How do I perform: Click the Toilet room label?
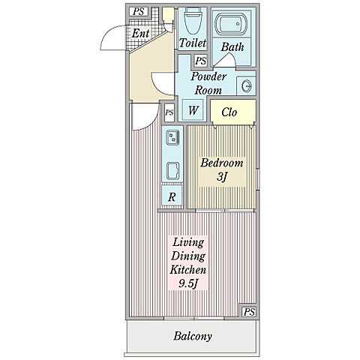pyautogui.click(x=193, y=43)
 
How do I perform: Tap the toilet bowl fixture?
pyautogui.click(x=193, y=20)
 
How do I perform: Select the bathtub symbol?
pyautogui.click(x=231, y=24)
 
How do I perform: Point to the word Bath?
pyautogui.click(x=232, y=47)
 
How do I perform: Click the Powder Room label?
pyautogui.click(x=208, y=83)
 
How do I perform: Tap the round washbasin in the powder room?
pyautogui.click(x=246, y=86)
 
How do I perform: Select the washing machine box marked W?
pyautogui.click(x=193, y=110)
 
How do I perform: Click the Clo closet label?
pyautogui.click(x=229, y=112)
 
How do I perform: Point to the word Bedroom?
pyautogui.click(x=222, y=163)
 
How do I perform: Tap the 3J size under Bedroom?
pyautogui.click(x=222, y=177)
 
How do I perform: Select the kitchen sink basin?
pyautogui.click(x=173, y=171)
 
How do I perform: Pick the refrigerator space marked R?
pyautogui.click(x=172, y=196)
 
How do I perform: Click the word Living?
pyautogui.click(x=188, y=242)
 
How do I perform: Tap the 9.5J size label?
pyautogui.click(x=188, y=283)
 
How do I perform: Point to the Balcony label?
pyautogui.click(x=193, y=336)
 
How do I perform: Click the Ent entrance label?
pyautogui.click(x=141, y=33)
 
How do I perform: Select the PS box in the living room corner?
pyautogui.click(x=249, y=312)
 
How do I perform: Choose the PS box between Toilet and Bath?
pyautogui.click(x=201, y=61)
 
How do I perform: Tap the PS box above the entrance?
pyautogui.click(x=139, y=11)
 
